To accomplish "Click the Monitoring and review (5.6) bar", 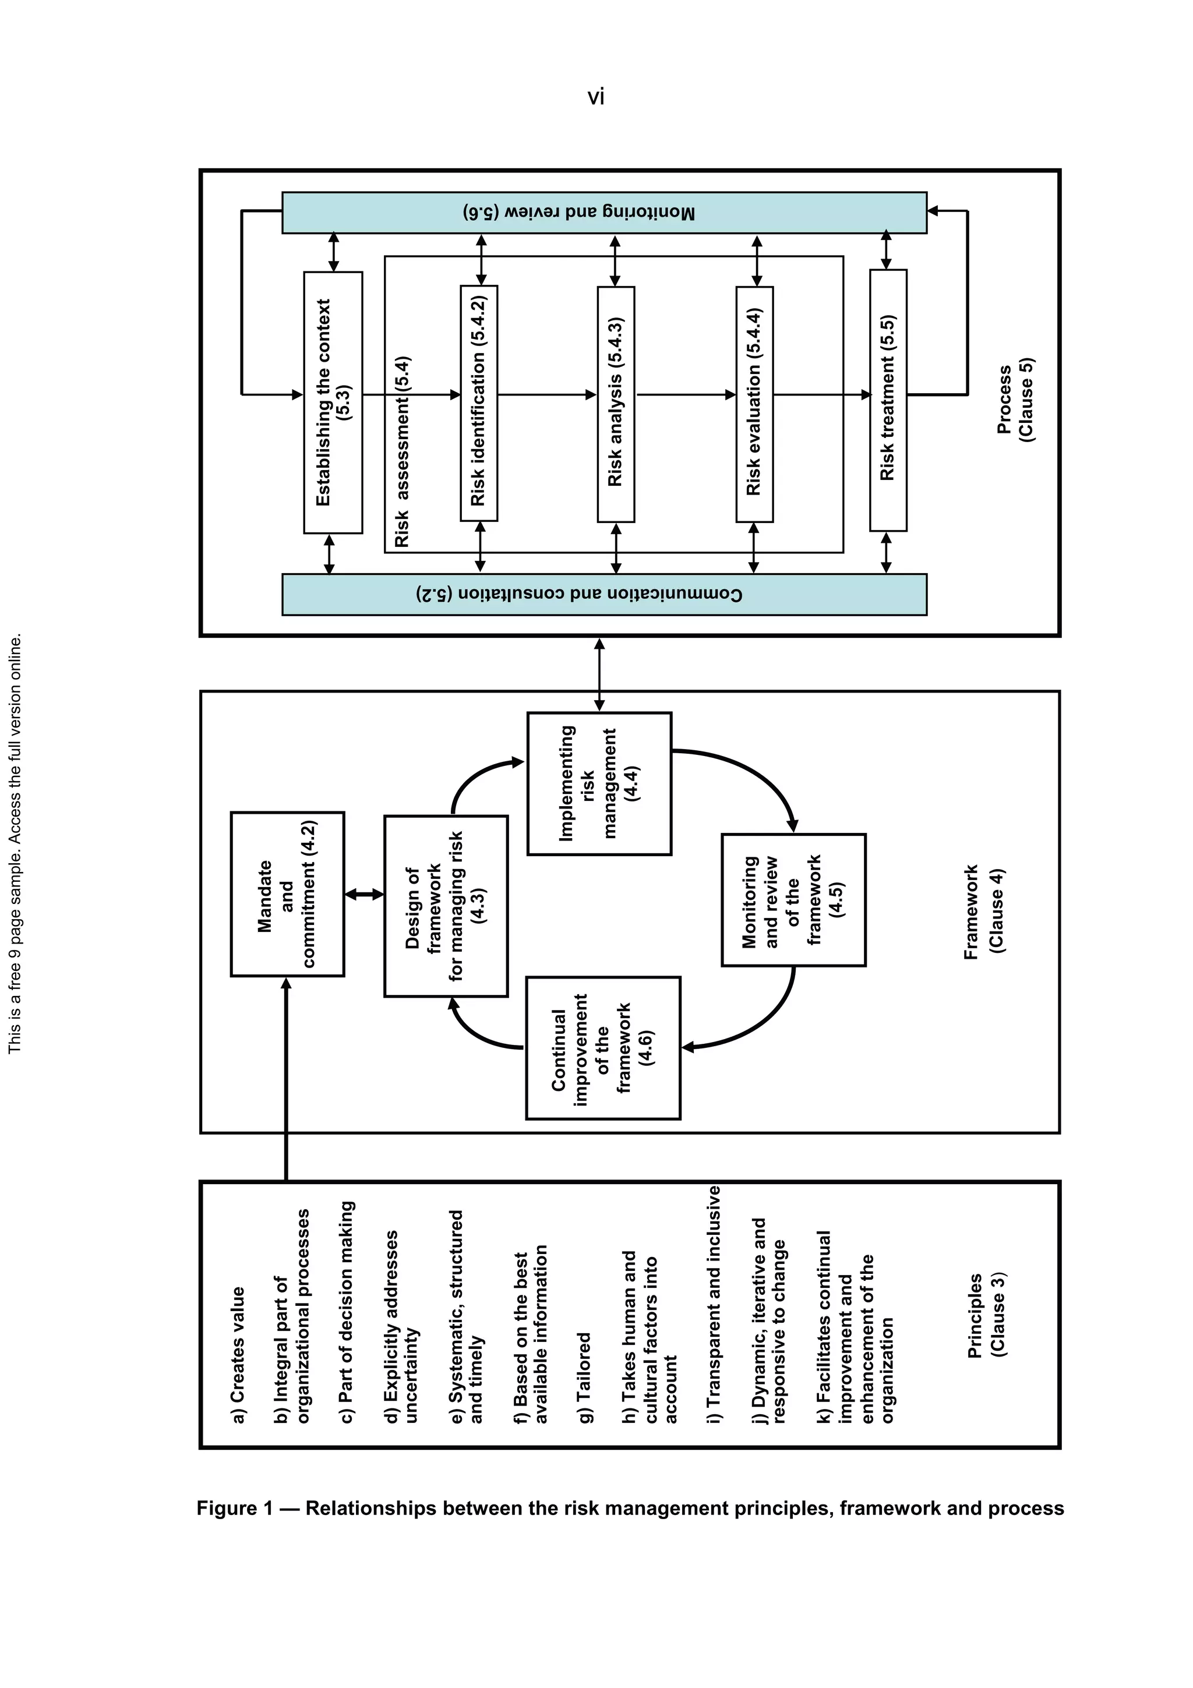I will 603,213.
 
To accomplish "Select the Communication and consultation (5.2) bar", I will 603,594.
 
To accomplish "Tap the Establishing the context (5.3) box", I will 333,402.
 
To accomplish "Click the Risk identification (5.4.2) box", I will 478,403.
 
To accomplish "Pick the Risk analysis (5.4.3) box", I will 616,404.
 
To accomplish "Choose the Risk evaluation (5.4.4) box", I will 754,404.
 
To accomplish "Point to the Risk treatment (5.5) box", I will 888,400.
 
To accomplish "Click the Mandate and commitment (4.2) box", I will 287,894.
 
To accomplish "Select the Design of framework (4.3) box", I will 446,906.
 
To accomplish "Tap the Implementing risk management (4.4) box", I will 599,783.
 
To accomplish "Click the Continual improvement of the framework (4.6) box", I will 603,1048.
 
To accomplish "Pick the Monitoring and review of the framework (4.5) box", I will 793,900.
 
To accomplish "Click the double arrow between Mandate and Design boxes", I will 365,894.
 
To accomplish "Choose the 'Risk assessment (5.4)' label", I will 402,452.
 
